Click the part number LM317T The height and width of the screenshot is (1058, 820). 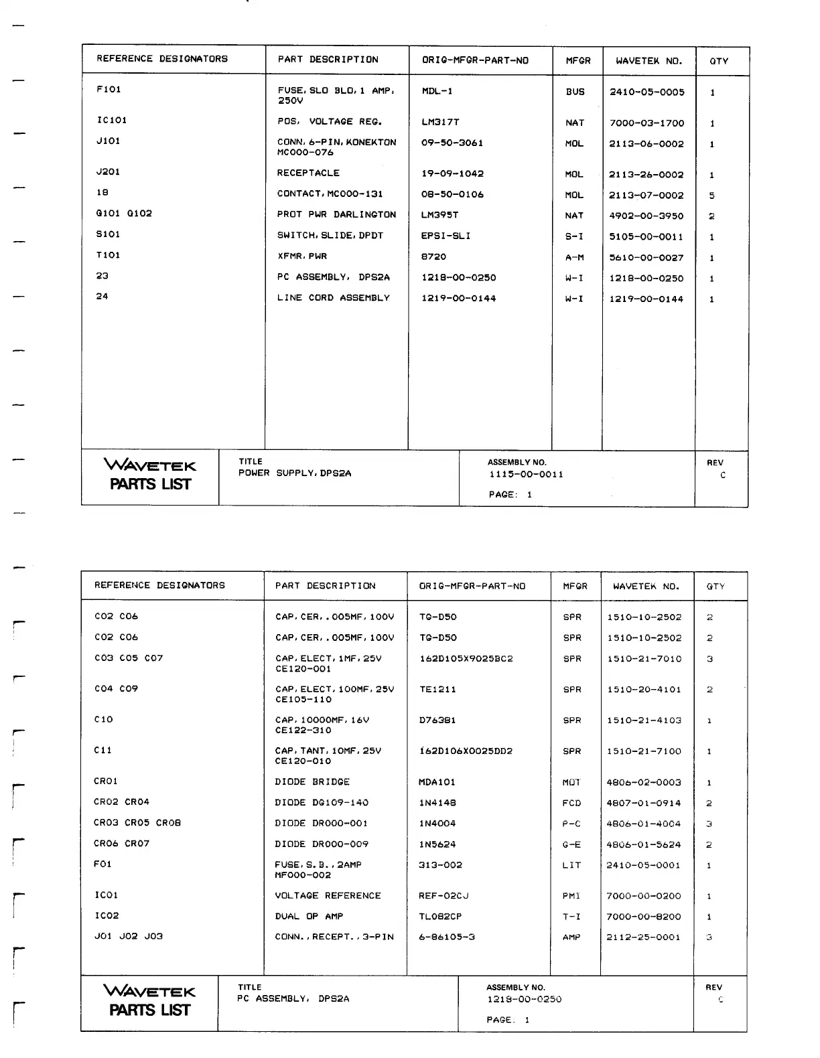440,123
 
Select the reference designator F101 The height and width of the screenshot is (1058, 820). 109,90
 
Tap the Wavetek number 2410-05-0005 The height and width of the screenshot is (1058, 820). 646,92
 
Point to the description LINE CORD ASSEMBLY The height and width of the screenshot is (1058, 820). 333,298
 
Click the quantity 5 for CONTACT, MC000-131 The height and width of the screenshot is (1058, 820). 711,196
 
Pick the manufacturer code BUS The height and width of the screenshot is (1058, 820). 575,92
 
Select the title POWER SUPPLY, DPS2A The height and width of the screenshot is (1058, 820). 295,473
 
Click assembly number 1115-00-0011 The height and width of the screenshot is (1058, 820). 526,475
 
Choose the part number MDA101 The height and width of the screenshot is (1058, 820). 437,782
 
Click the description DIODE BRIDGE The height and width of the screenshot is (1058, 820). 312,782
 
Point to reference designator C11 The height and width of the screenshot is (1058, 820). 102,751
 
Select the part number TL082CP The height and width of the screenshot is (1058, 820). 440,916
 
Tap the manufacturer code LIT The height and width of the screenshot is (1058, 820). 571,865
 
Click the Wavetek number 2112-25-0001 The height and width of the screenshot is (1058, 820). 643,937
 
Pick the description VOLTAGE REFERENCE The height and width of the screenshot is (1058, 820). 328,896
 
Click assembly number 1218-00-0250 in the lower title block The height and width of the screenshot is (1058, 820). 524,1000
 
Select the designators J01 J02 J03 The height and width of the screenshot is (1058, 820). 128,937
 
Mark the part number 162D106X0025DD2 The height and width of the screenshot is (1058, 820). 466,751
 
